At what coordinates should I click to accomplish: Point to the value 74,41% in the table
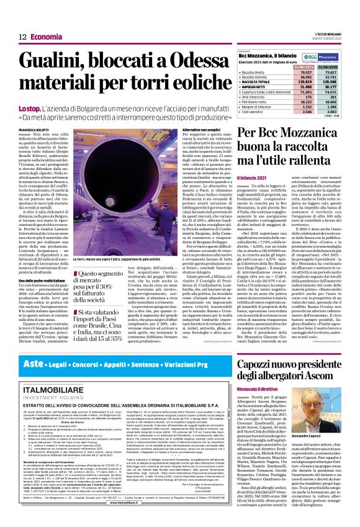(x=337, y=92)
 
